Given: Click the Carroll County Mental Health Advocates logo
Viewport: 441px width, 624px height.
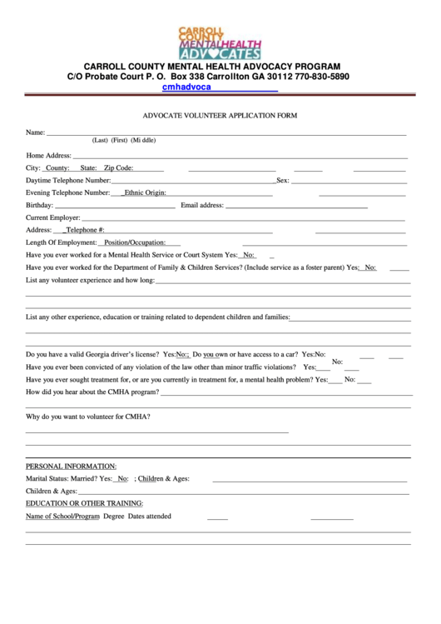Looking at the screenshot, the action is (x=220, y=42).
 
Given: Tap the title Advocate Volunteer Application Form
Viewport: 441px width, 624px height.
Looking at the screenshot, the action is (x=220, y=116).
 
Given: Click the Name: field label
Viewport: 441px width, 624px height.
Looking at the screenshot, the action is (x=36, y=132).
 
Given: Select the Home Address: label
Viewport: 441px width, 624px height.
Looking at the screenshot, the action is (x=49, y=156).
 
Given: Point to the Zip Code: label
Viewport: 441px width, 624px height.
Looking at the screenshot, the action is (x=118, y=168).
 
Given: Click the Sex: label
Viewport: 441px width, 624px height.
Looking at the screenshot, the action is (x=283, y=180).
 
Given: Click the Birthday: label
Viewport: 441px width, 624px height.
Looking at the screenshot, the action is (x=40, y=205).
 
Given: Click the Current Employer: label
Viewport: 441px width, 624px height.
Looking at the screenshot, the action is (x=53, y=217).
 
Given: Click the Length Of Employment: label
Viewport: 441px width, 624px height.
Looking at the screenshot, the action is (x=61, y=242).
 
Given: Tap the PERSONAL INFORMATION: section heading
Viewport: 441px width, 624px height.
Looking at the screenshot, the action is (x=72, y=466).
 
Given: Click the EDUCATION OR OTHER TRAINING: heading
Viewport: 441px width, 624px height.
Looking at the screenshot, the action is (x=85, y=503).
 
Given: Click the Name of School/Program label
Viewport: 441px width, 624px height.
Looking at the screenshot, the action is (x=63, y=517).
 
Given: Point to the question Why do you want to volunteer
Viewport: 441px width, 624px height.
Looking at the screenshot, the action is (x=88, y=416).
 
